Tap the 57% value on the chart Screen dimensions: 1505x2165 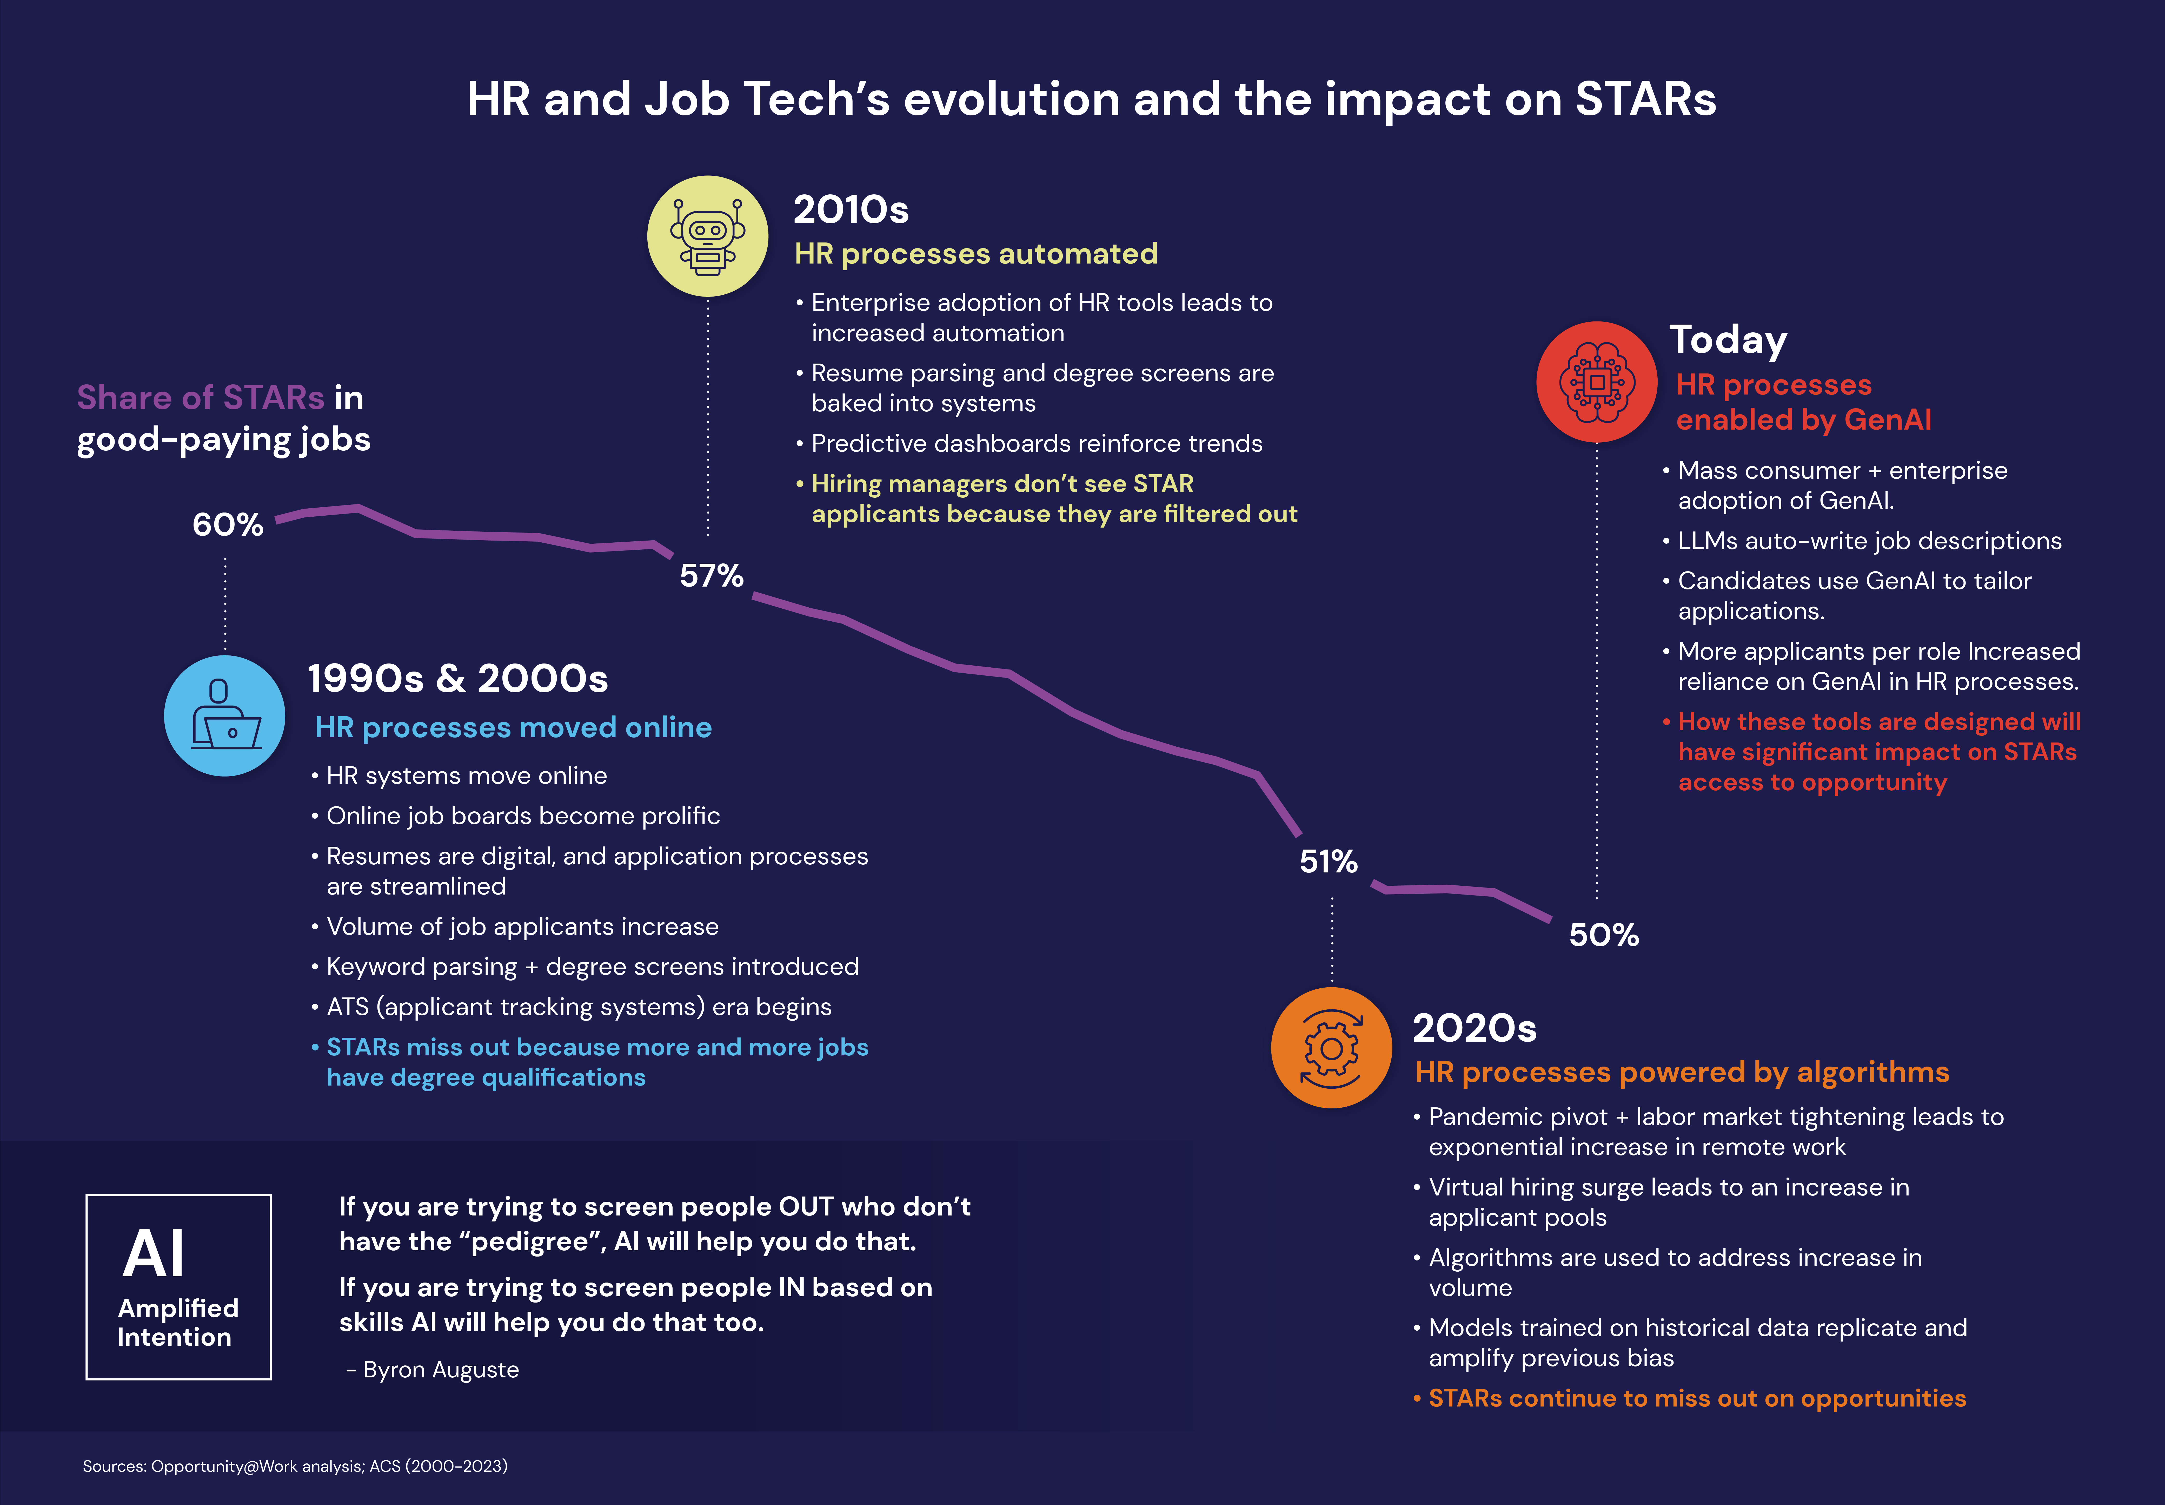click(x=712, y=575)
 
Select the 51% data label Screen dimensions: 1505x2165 click(x=1328, y=861)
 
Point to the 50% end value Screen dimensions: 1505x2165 click(x=1603, y=935)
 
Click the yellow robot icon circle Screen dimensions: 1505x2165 click(x=708, y=237)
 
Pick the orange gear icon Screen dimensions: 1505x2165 click(x=1331, y=1048)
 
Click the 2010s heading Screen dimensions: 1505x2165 click(x=850, y=209)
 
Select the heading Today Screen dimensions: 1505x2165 click(x=1728, y=339)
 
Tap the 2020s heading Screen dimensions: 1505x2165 click(x=1474, y=1028)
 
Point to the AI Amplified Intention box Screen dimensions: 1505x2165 click(x=178, y=1287)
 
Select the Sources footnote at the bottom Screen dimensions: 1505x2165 click(x=295, y=1466)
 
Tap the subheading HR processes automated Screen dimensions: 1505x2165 click(x=975, y=254)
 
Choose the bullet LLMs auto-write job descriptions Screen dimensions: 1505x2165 click(x=1869, y=540)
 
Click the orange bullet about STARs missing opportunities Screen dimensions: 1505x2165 click(x=1697, y=1398)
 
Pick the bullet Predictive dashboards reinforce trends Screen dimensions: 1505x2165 click(x=1036, y=443)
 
